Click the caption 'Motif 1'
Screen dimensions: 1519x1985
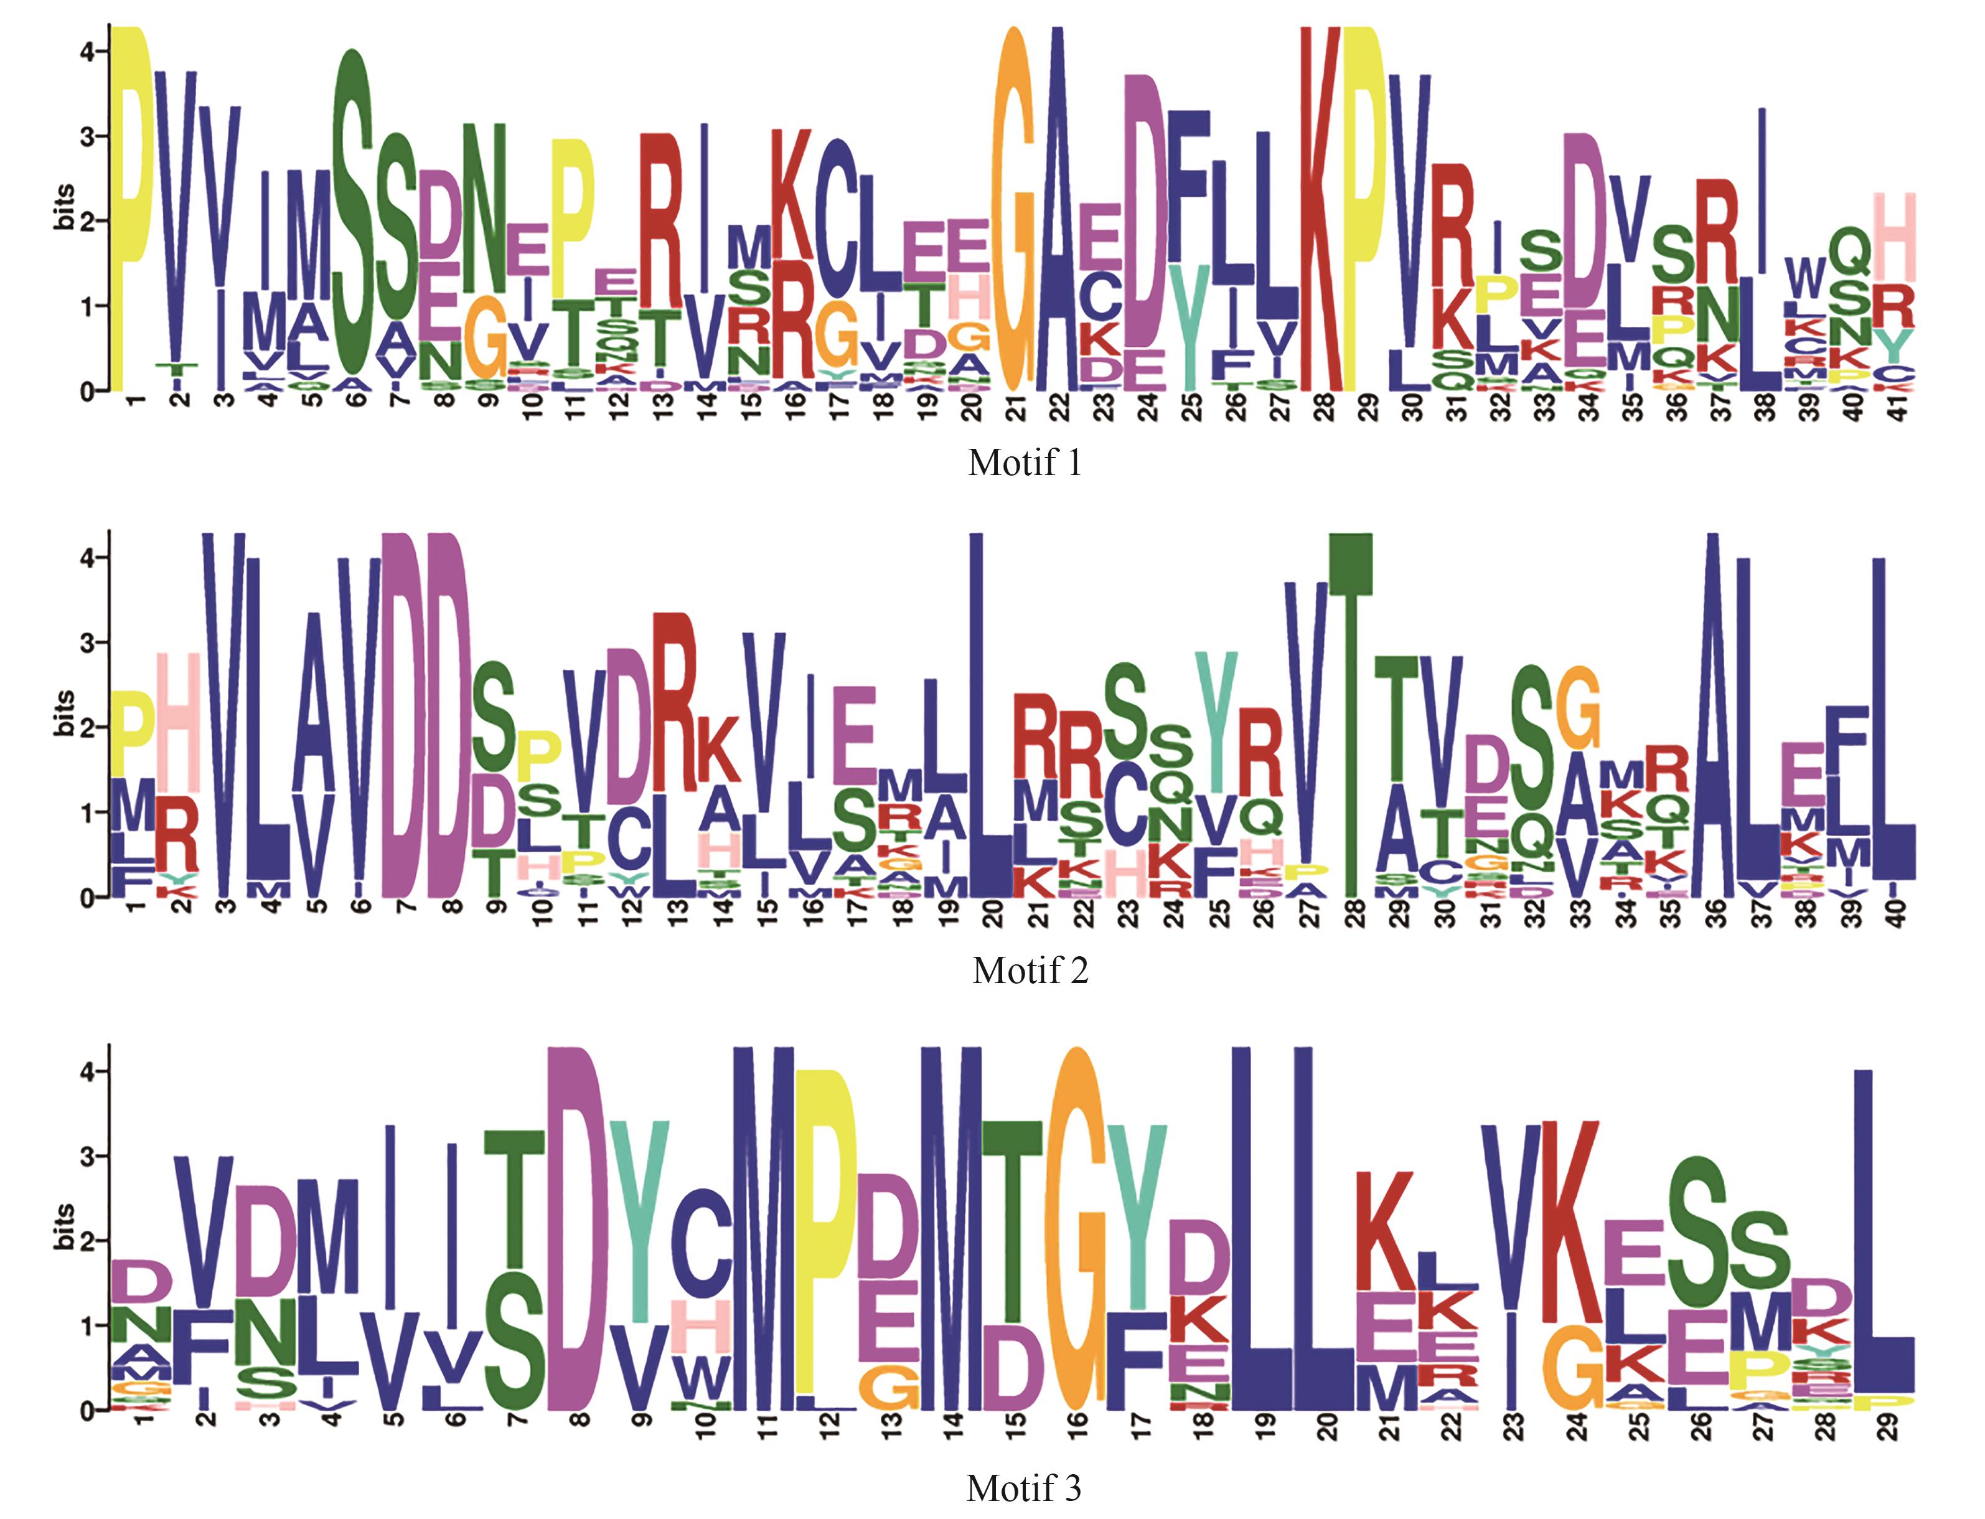(1024, 463)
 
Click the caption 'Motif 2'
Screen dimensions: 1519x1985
(1030, 970)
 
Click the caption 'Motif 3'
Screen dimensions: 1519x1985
(1023, 1487)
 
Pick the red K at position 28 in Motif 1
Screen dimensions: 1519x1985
(1321, 208)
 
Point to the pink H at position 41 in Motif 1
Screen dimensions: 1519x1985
(1895, 237)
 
